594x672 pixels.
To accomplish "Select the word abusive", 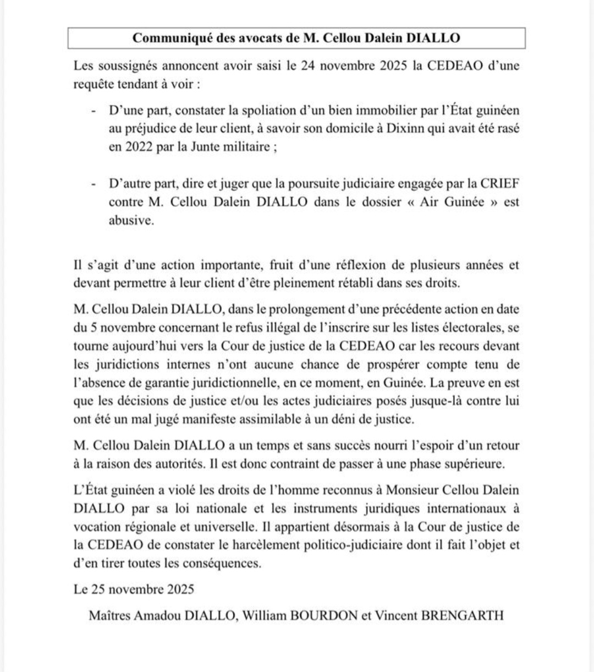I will point(131,220).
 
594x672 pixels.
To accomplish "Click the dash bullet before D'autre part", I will point(95,183).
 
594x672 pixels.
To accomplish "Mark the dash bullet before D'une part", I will point(95,110).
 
